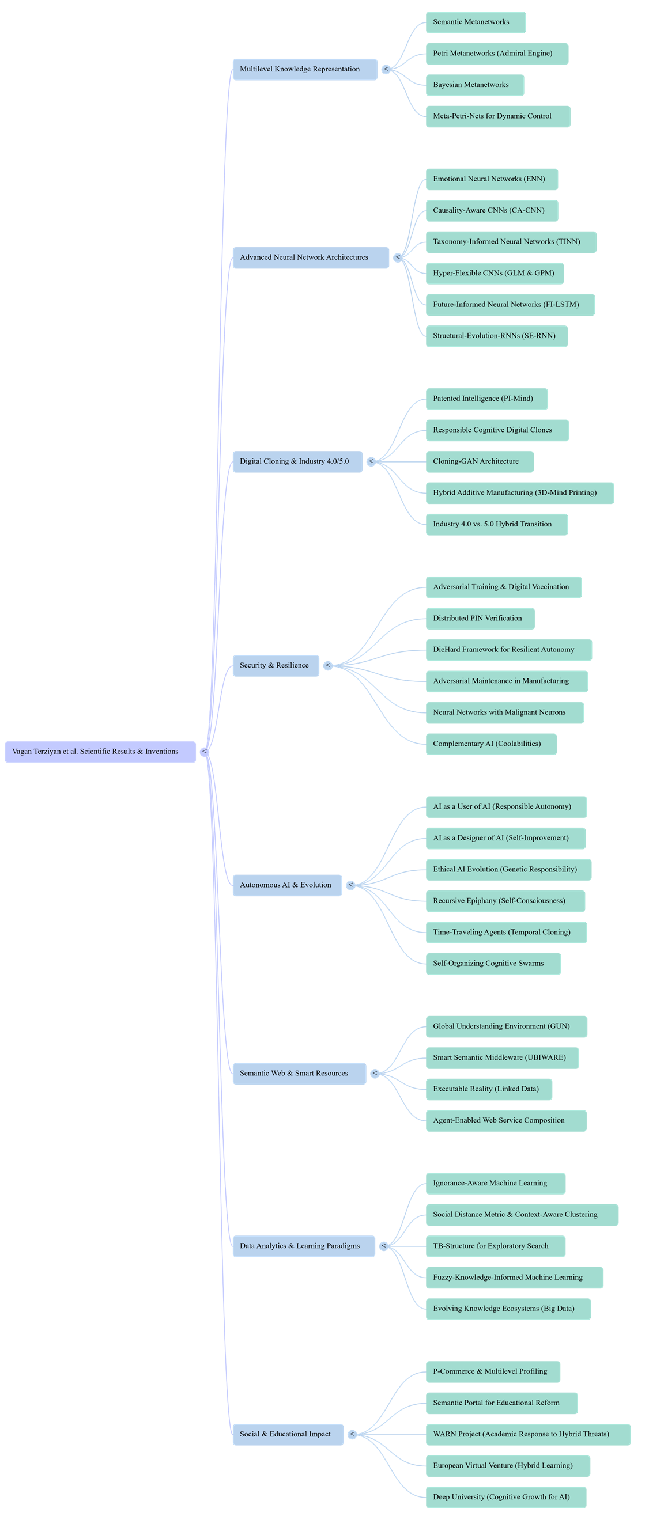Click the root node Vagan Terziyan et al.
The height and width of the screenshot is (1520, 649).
(100, 752)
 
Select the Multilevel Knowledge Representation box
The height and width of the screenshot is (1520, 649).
(305, 69)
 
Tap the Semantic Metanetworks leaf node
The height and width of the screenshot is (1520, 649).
(476, 22)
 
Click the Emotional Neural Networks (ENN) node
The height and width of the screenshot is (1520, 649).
(491, 179)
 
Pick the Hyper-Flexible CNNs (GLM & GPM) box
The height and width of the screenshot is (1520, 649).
(495, 273)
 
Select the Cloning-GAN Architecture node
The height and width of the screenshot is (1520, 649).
(480, 461)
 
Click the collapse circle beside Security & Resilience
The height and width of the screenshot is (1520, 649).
(329, 666)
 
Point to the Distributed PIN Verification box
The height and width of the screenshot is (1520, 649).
(480, 619)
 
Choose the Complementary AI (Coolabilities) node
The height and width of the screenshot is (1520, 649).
(490, 744)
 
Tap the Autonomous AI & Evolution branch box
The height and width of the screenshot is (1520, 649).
(287, 885)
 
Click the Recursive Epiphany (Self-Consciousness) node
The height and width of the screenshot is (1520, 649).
(505, 901)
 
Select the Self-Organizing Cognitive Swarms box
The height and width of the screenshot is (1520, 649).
(493, 964)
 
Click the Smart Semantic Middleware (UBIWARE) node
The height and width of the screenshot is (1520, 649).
(502, 1058)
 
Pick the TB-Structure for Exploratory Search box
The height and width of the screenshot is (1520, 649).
(496, 1246)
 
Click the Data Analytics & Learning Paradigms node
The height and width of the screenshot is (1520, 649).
(304, 1246)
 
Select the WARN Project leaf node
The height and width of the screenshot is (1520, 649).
(528, 1434)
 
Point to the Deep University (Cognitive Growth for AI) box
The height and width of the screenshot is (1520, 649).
(506, 1497)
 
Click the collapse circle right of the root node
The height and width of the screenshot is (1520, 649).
(205, 752)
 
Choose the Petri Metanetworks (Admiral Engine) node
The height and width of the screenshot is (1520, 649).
(497, 54)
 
